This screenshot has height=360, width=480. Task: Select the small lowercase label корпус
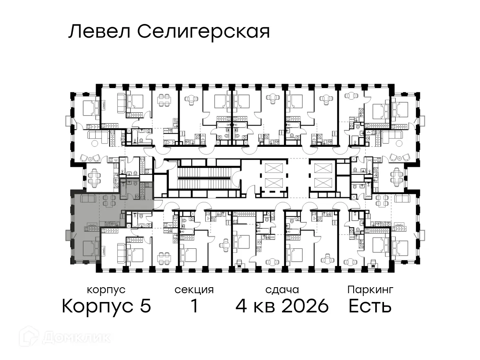106,290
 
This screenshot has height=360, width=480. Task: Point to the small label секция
194,290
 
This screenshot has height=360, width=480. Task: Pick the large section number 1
194,306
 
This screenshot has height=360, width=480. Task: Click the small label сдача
282,290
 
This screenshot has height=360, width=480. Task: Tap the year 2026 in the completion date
305,306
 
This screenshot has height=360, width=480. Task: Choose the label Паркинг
370,290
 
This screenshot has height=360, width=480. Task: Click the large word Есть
370,306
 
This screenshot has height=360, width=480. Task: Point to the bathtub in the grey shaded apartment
124,188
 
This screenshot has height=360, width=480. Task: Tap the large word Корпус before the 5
100,306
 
